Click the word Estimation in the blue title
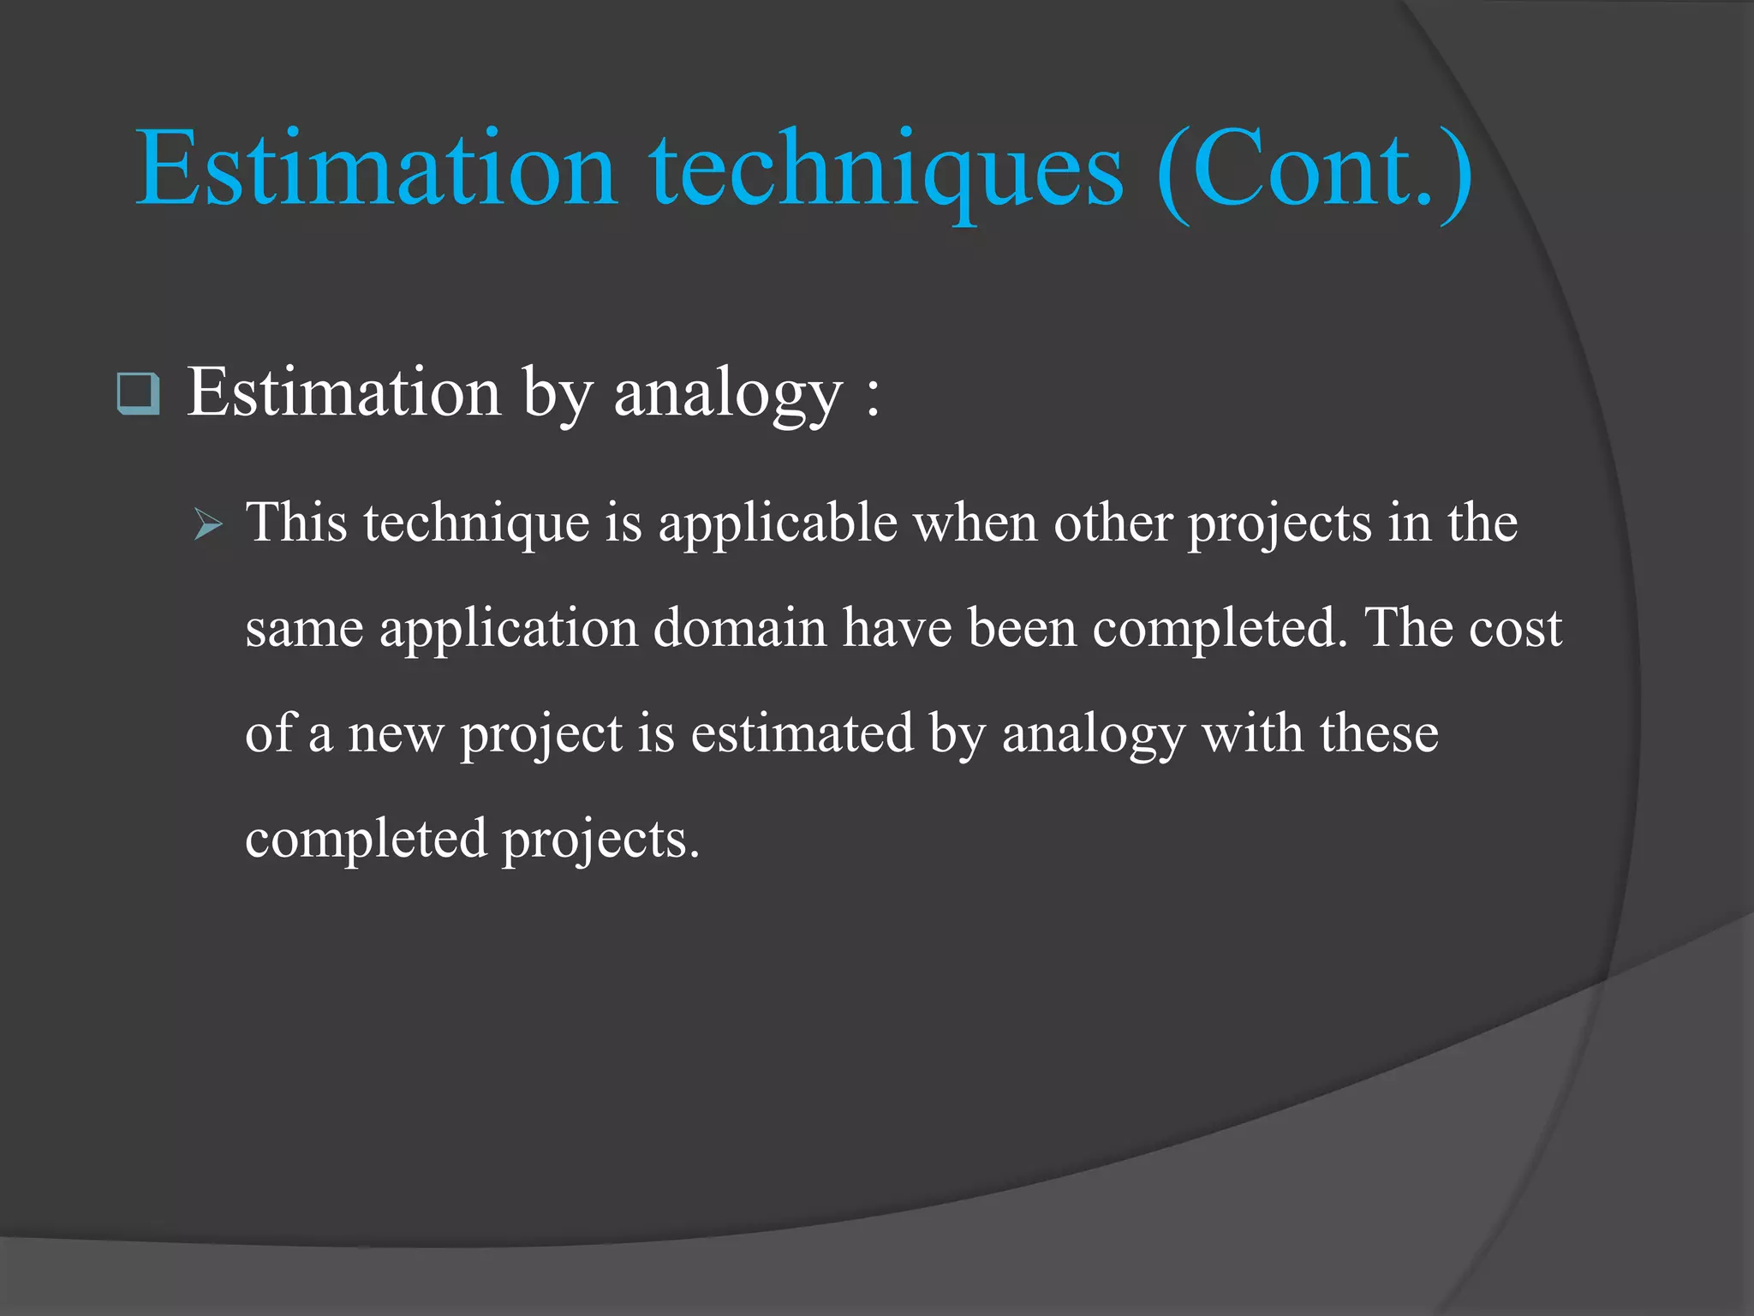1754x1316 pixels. (x=376, y=169)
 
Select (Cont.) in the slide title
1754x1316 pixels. (x=1315, y=171)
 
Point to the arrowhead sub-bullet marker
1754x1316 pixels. (x=208, y=523)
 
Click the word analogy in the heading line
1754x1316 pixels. (x=728, y=394)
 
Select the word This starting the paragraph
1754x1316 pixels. (x=296, y=523)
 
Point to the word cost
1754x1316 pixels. (x=1515, y=628)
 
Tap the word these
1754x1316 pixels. (x=1379, y=733)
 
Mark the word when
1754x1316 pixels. (x=975, y=523)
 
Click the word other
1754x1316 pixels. (x=1113, y=523)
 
